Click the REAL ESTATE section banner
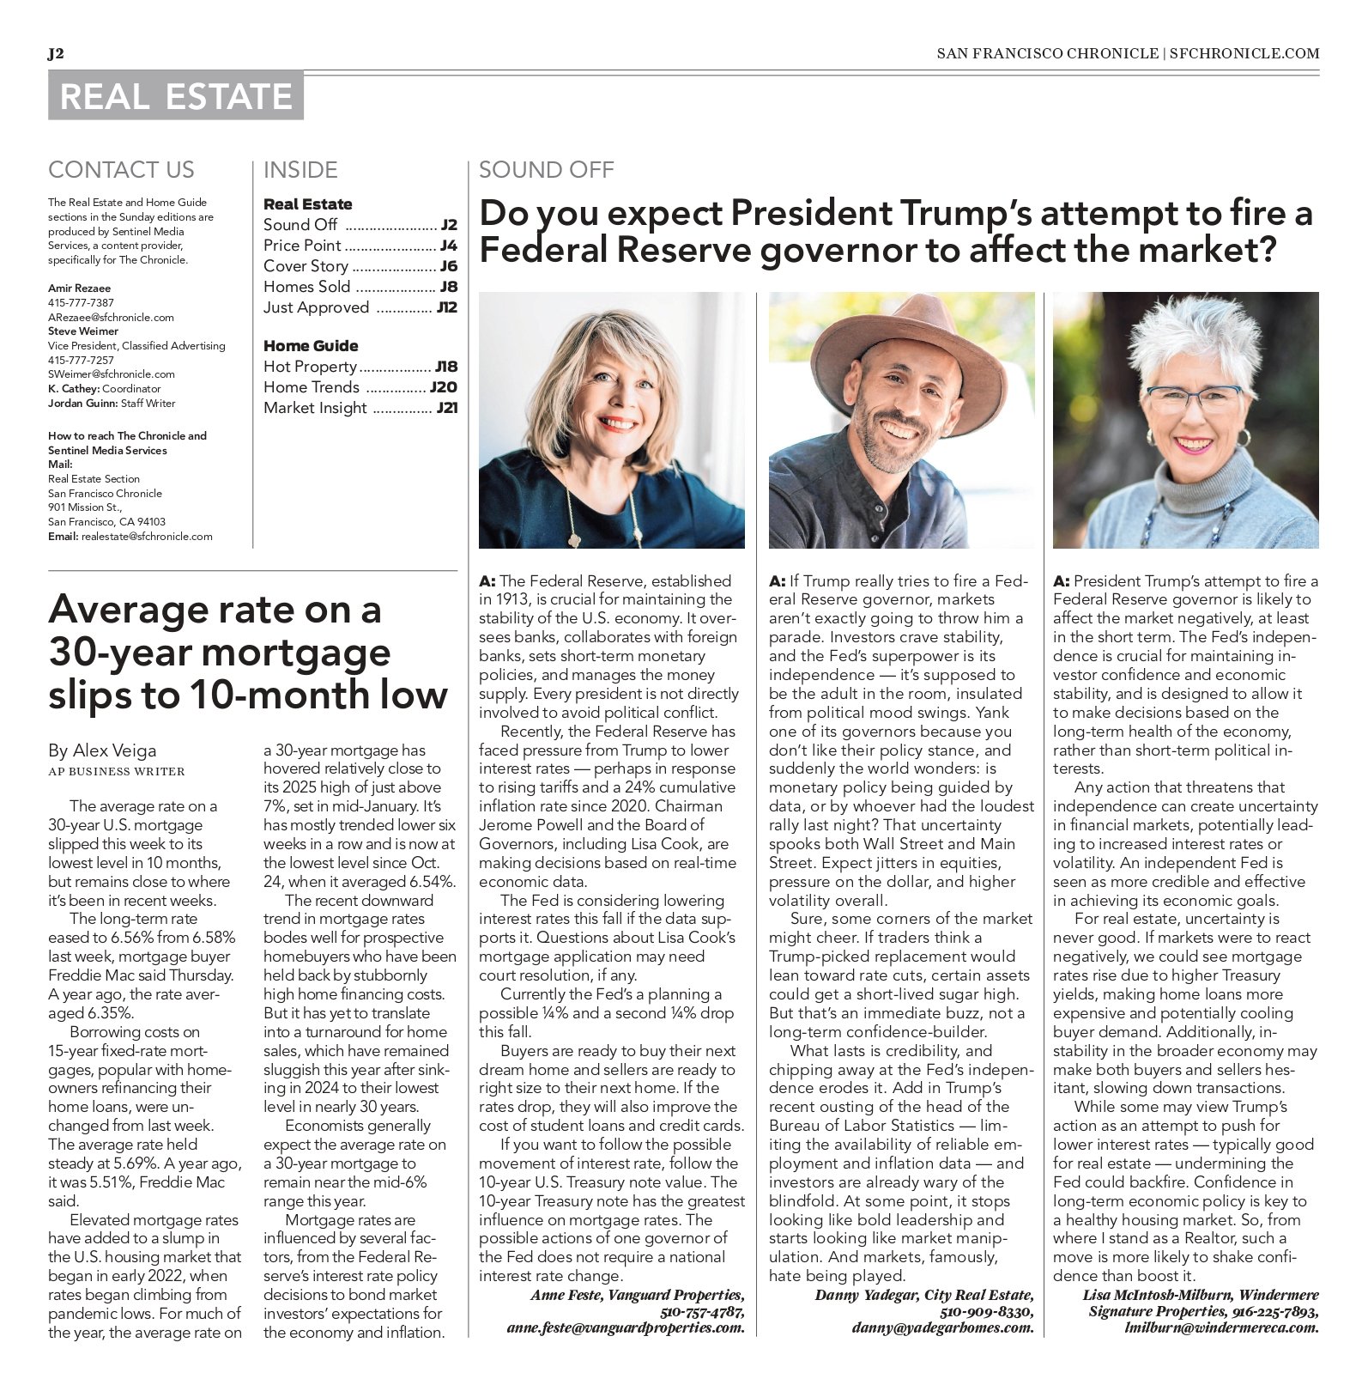click(176, 95)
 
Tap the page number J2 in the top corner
click(56, 53)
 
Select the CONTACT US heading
click(121, 170)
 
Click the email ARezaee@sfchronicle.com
click(111, 317)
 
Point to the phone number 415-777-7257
click(81, 360)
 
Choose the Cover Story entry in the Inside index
click(306, 266)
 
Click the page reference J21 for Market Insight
click(446, 408)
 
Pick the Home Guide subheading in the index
click(311, 345)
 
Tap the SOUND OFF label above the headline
click(546, 170)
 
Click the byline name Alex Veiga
click(115, 750)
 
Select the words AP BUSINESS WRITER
click(116, 771)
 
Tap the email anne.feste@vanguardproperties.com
click(626, 1327)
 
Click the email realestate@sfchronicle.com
click(147, 536)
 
